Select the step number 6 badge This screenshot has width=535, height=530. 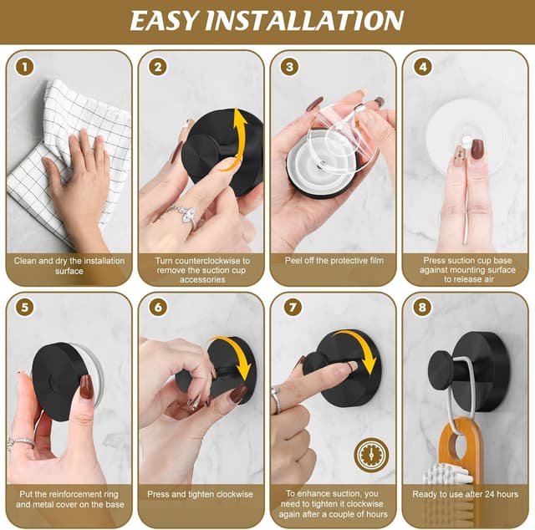click(x=157, y=308)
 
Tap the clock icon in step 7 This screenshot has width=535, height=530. click(x=371, y=455)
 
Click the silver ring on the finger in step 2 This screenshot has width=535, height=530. click(x=184, y=214)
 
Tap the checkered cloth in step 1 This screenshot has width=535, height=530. click(x=59, y=167)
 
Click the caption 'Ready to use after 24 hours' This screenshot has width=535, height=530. click(x=465, y=495)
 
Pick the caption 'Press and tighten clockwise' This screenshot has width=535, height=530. click(x=201, y=495)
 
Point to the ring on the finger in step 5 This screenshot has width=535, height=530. click(x=21, y=442)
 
